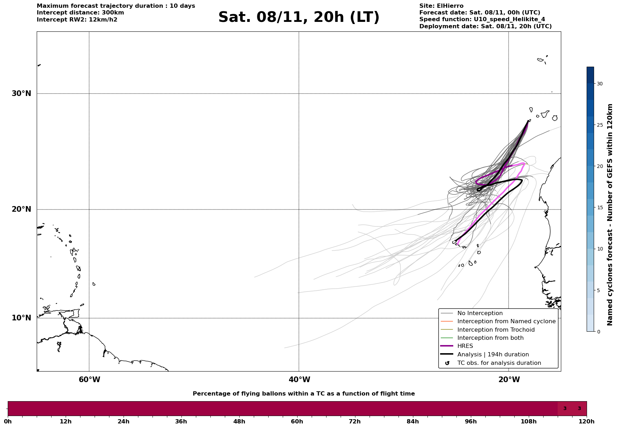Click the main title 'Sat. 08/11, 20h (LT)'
click(x=299, y=17)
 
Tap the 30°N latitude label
click(x=22, y=94)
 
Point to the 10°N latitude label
click(x=22, y=318)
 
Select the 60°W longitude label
click(x=89, y=380)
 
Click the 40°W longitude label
click(x=299, y=380)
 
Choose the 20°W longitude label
click(x=509, y=380)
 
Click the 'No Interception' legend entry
click(x=480, y=313)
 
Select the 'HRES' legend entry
click(x=465, y=346)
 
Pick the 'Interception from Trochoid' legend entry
click(x=496, y=330)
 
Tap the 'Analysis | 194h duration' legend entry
click(x=493, y=355)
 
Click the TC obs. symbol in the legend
click(x=447, y=363)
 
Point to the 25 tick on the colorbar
click(x=599, y=125)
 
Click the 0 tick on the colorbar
click(x=598, y=332)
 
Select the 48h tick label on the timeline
click(x=239, y=421)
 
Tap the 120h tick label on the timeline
click(x=587, y=421)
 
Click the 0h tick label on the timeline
click(x=8, y=421)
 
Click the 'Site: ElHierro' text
click(x=441, y=6)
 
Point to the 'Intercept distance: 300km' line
click(x=80, y=13)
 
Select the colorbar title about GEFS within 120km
click(x=610, y=215)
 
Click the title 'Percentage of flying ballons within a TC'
click(x=304, y=394)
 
